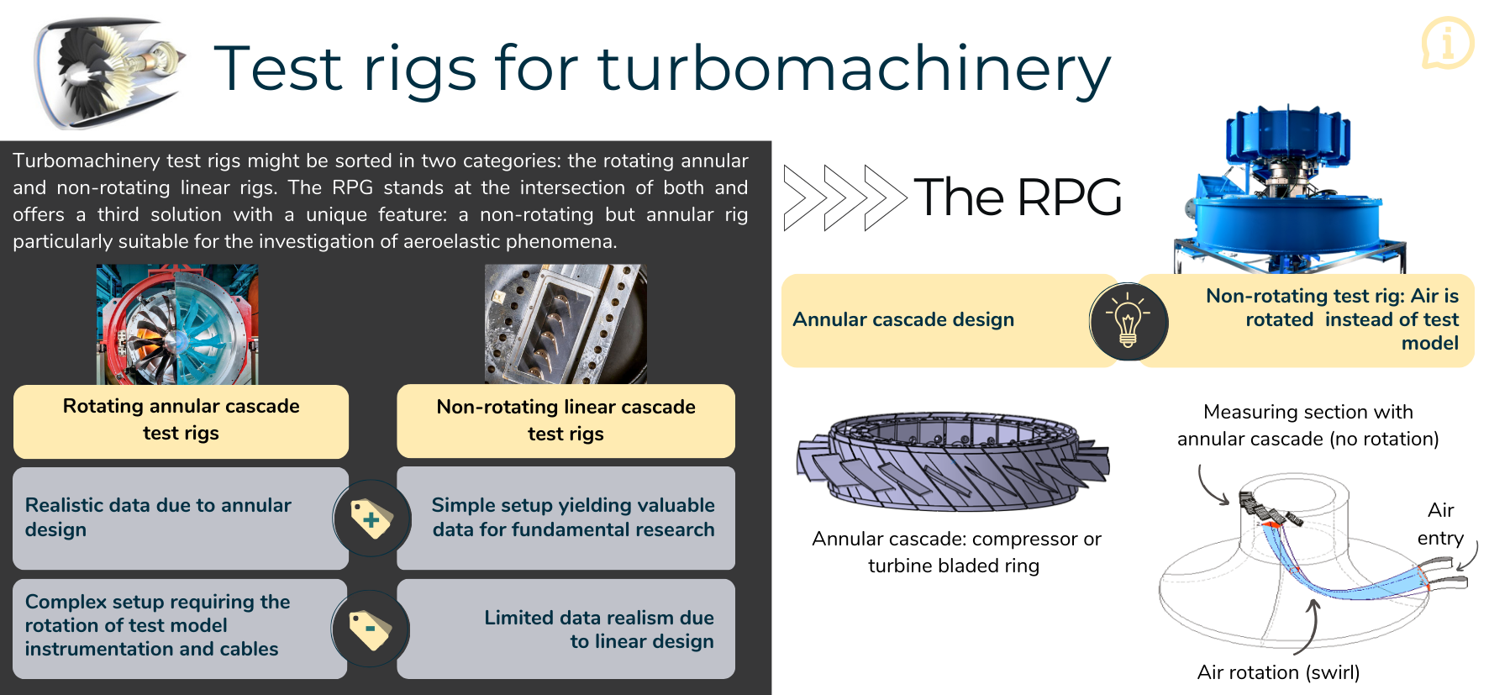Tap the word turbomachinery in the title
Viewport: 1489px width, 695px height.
854,69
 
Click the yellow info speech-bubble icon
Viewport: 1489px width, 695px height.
1447,42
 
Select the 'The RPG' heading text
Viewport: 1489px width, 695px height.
1017,197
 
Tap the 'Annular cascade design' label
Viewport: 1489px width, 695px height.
903,320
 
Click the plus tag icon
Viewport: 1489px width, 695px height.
371,519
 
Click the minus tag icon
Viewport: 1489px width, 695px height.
371,629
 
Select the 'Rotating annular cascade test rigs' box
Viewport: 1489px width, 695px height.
181,420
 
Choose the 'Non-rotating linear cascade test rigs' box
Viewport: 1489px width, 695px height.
566,420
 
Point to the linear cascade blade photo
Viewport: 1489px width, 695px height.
566,324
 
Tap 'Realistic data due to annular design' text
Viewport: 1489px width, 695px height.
158,517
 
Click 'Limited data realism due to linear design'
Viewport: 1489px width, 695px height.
598,629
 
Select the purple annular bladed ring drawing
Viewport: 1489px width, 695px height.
952,461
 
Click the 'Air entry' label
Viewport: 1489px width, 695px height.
1440,524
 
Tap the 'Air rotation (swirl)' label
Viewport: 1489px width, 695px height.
1278,672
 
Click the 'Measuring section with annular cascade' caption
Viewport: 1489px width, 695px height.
1307,425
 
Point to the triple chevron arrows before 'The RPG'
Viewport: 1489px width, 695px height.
844,197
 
